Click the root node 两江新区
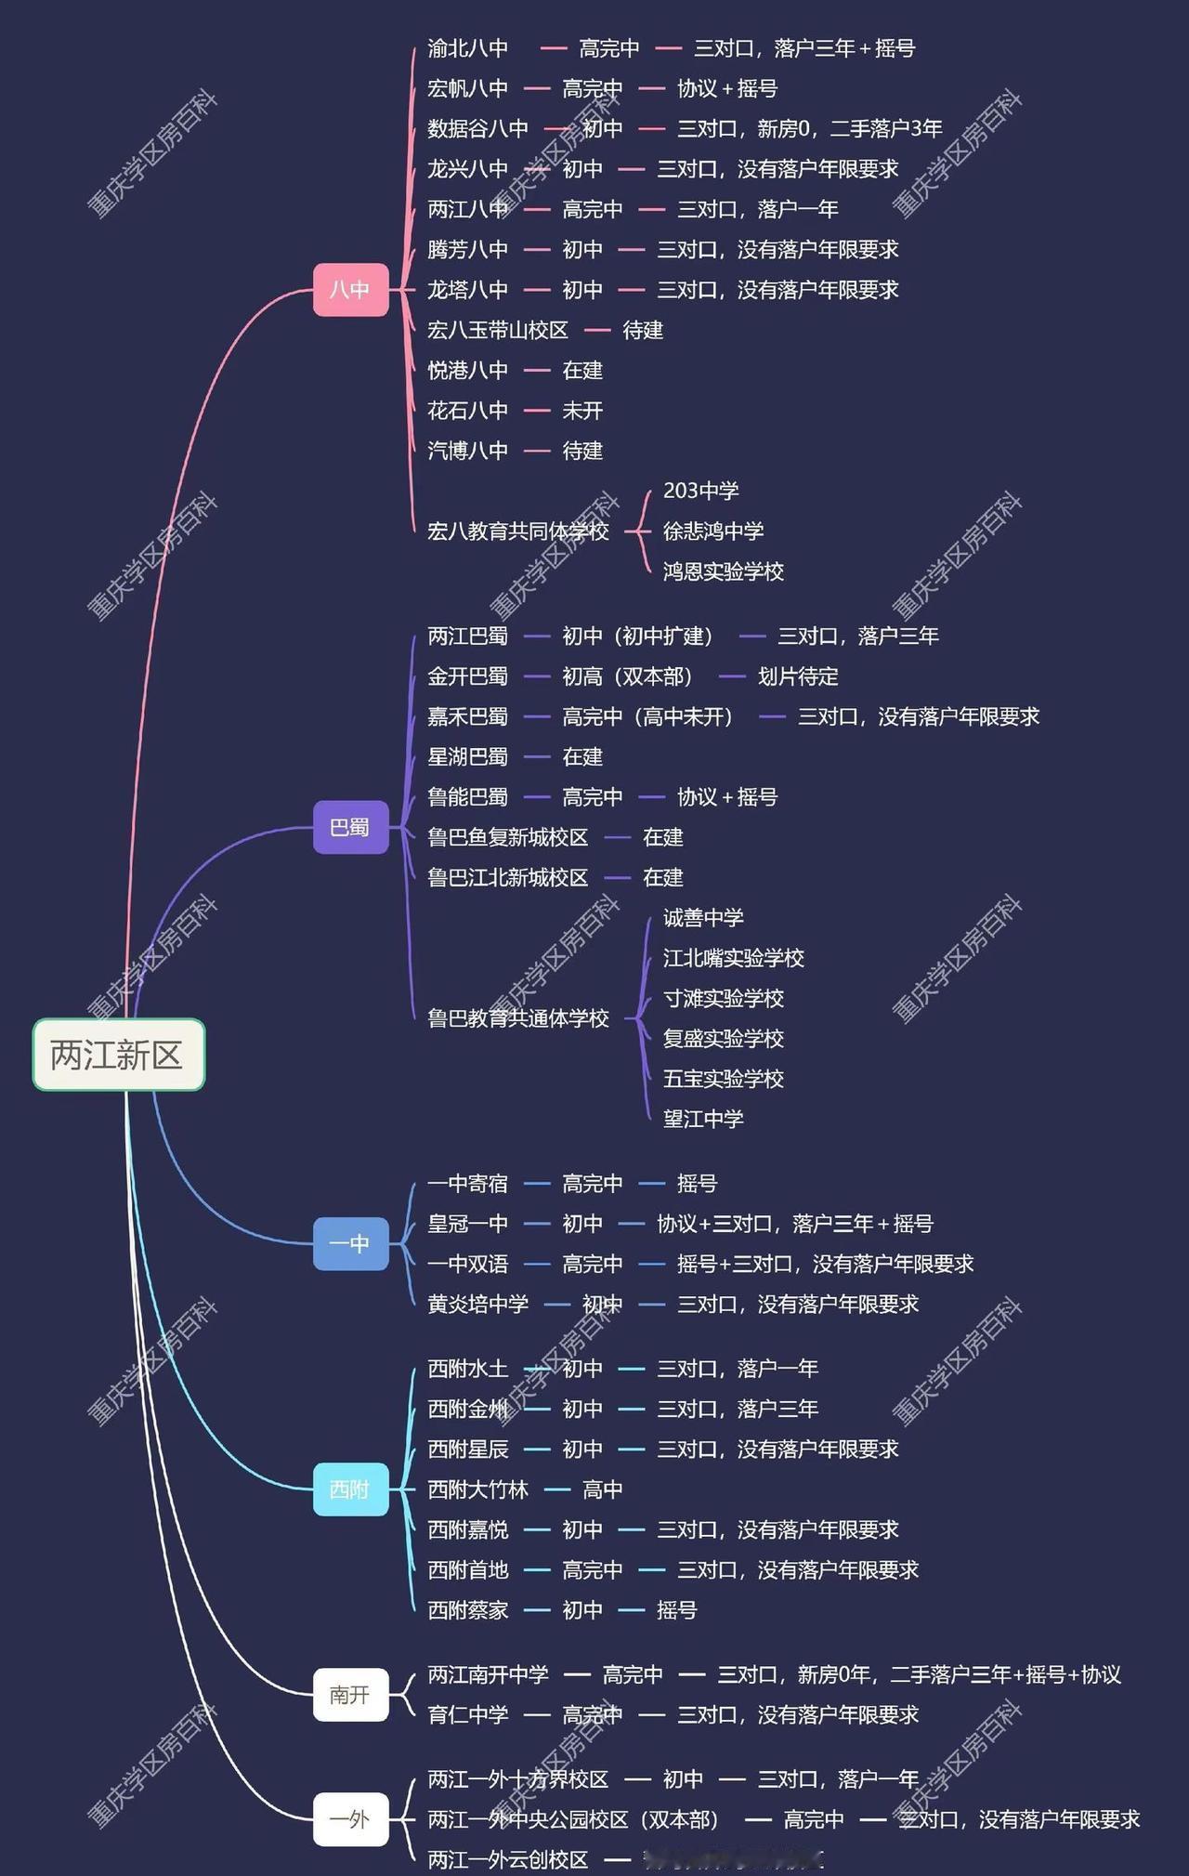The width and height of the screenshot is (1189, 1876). tap(118, 1055)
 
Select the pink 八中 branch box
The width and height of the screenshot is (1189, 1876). tap(350, 290)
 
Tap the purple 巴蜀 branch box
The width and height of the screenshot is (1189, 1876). tap(350, 827)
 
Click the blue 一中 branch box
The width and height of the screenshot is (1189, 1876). tap(350, 1243)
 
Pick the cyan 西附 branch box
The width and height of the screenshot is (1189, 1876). tap(350, 1489)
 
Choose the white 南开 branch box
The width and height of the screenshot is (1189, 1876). tap(350, 1695)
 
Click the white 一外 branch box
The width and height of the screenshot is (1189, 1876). tap(350, 1818)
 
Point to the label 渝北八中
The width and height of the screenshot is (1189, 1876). tap(467, 48)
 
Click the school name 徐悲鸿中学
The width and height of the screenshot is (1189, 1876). tap(713, 531)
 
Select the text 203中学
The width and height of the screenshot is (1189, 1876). tap(701, 491)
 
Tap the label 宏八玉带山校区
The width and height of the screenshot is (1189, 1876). tap(497, 330)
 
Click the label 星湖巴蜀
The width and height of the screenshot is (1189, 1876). tap(467, 756)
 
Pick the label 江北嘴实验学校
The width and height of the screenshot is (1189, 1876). tap(733, 958)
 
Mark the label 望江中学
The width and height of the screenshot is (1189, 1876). tap(703, 1119)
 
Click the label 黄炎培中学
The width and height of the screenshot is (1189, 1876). tap(477, 1304)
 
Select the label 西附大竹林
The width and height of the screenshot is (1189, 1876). tap(477, 1489)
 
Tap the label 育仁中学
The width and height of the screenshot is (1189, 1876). tap(467, 1714)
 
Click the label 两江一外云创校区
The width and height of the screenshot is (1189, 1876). tap(507, 1859)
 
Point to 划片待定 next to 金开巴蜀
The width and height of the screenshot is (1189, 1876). tap(798, 676)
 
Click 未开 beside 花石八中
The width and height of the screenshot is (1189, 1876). tap(582, 411)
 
